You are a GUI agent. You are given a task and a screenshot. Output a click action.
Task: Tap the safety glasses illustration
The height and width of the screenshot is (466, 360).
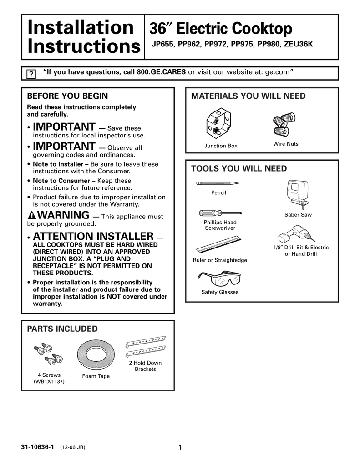point(219,278)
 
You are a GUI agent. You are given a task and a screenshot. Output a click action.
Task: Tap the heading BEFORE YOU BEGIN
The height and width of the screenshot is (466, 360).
point(68,96)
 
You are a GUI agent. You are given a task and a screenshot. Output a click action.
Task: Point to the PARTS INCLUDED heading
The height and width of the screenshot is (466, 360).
point(62,329)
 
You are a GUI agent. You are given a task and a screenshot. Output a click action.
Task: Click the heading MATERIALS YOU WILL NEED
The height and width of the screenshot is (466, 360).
point(248,96)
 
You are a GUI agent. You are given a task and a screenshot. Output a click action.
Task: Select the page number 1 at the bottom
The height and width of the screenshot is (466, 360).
point(180,447)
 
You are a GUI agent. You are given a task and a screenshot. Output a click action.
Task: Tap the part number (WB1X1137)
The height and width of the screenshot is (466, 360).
point(49,382)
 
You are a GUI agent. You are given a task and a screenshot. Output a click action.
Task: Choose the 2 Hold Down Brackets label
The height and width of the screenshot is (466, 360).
point(145,366)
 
